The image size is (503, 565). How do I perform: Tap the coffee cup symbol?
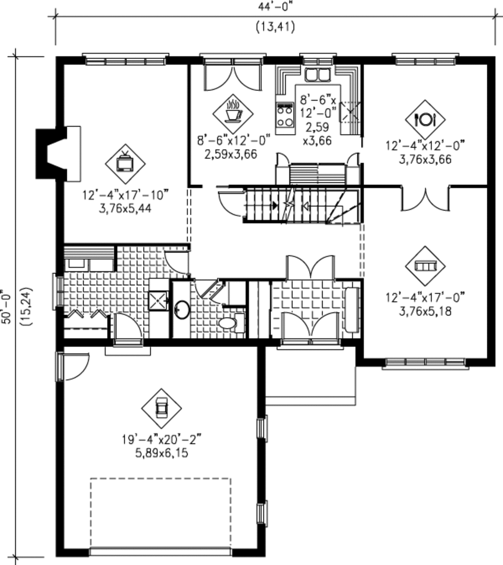point(233,113)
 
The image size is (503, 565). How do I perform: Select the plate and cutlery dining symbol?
point(425,119)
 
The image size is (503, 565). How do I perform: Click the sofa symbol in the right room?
point(425,266)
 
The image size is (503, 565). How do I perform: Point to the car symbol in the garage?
point(161,408)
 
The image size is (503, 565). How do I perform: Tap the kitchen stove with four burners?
point(285,117)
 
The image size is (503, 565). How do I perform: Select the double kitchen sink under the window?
point(318,76)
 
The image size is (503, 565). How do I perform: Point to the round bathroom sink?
point(182,310)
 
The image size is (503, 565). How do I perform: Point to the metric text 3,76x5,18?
point(425,311)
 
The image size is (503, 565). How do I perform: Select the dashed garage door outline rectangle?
point(161,514)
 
